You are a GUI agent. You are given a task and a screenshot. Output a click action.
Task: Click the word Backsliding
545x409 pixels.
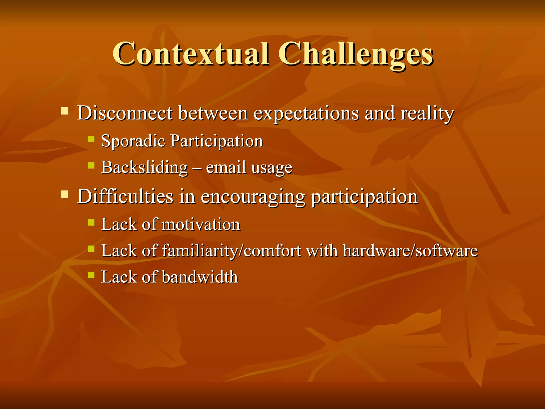pyautogui.click(x=144, y=168)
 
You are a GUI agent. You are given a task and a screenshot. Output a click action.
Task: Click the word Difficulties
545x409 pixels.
pyautogui.click(x=125, y=197)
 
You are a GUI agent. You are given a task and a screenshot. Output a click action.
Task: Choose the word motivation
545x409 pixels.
pyautogui.click(x=201, y=224)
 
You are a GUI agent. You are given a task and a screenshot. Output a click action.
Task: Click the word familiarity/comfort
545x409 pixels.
pyautogui.click(x=232, y=251)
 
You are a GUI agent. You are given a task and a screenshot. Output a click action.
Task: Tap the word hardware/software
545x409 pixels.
pyautogui.click(x=410, y=251)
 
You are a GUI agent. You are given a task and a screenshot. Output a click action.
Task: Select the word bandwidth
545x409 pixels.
pyautogui.click(x=200, y=277)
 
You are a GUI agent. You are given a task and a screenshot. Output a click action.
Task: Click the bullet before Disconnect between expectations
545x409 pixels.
pyautogui.click(x=65, y=111)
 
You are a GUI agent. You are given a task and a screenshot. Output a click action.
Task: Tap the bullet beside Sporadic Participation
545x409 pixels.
pyautogui.click(x=91, y=139)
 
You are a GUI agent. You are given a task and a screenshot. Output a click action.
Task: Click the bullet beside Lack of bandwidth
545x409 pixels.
pyautogui.click(x=91, y=275)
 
